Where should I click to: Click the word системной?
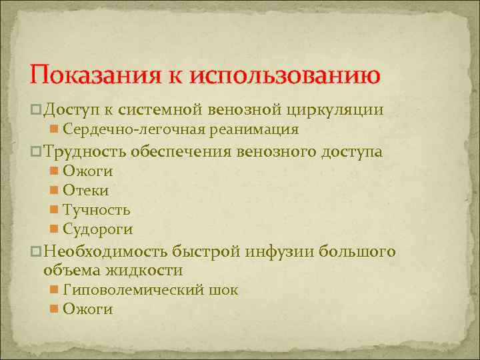pos(179,109)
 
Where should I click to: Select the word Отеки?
pos(85,191)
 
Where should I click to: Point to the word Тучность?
pos(96,210)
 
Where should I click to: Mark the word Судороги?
pos(97,229)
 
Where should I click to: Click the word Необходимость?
pos(105,252)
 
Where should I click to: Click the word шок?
pos(225,290)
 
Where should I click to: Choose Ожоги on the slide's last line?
pos(87,309)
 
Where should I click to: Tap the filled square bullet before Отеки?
pos(54,191)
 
